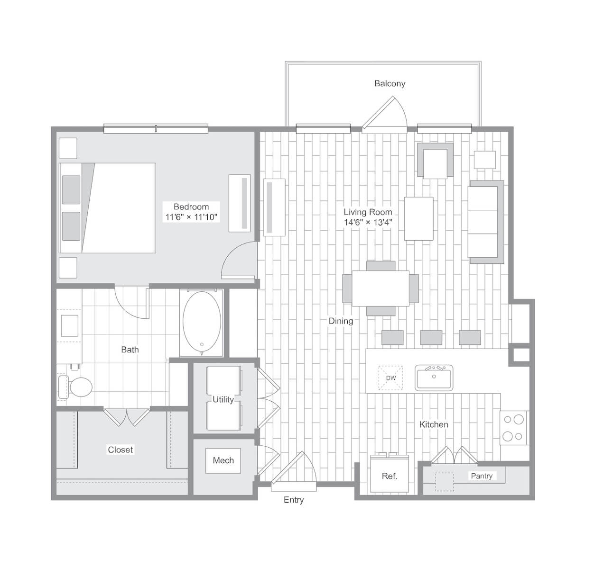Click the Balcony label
pyautogui.click(x=390, y=83)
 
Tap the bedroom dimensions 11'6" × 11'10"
pyautogui.click(x=191, y=217)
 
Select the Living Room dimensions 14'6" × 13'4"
pyautogui.click(x=368, y=222)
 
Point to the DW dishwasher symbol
pyautogui.click(x=391, y=378)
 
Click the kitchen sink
pyautogui.click(x=434, y=378)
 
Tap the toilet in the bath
pyautogui.click(x=75, y=387)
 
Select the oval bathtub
pyautogui.click(x=202, y=322)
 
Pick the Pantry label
pyautogui.click(x=482, y=476)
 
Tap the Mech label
pyautogui.click(x=223, y=460)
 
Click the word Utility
pyautogui.click(x=223, y=399)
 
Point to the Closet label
pyautogui.click(x=121, y=450)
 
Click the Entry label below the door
pyautogui.click(x=294, y=500)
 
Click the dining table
pyautogui.click(x=380, y=288)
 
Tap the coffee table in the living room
pyautogui.click(x=419, y=219)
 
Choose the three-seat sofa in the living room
pyautogui.click(x=485, y=222)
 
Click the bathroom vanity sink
pyautogui.click(x=70, y=325)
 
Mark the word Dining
pyautogui.click(x=341, y=321)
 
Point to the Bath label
pyautogui.click(x=130, y=350)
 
